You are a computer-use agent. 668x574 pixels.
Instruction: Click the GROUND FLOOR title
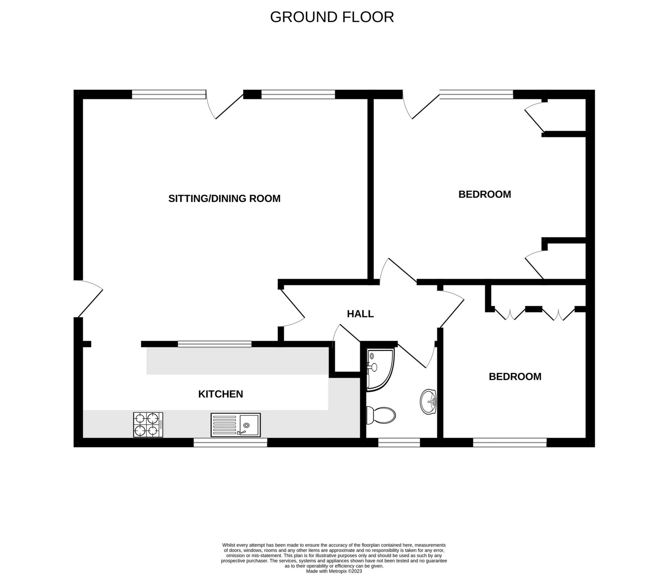tap(332, 17)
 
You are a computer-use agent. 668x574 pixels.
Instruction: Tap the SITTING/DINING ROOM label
tap(224, 199)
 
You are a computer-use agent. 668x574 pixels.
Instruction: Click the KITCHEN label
tap(220, 394)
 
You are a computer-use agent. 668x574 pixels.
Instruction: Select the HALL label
tap(360, 314)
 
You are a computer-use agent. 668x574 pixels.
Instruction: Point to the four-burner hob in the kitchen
tap(148, 425)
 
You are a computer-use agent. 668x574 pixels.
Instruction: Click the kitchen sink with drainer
tap(236, 425)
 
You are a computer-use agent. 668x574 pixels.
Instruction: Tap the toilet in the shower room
tap(382, 415)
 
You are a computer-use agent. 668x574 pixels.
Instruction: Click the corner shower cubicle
tap(379, 369)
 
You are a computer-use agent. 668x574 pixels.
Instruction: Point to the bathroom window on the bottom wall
tap(399, 443)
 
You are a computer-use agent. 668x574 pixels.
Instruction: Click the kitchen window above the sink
tap(230, 443)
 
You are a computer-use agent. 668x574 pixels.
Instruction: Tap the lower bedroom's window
tap(510, 443)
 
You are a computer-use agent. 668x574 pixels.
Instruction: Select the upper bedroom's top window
tap(476, 94)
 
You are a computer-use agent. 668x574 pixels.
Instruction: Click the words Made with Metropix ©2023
tap(334, 571)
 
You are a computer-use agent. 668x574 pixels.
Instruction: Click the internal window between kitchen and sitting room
tap(214, 344)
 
